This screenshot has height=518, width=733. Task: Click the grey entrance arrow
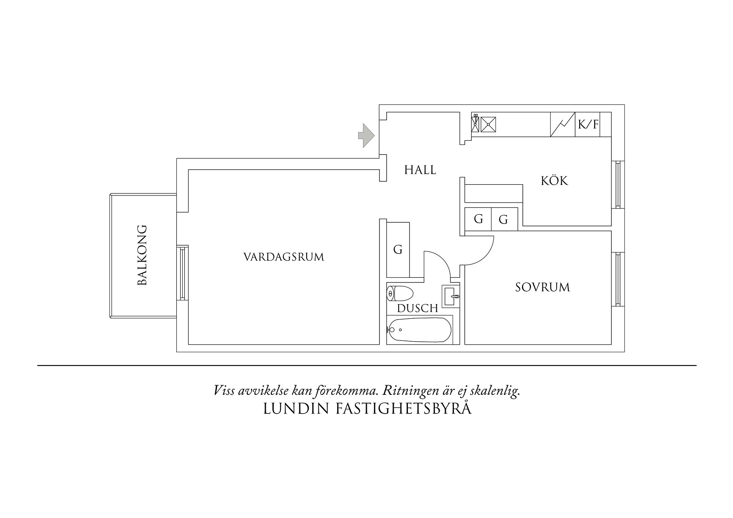click(366, 135)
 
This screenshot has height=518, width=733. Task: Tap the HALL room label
click(420, 170)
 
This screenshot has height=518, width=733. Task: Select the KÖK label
click(555, 181)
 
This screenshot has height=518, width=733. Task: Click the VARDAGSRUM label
click(284, 257)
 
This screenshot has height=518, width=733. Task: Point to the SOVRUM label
click(542, 287)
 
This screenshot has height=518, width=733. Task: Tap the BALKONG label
click(143, 255)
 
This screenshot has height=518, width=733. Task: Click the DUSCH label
click(417, 309)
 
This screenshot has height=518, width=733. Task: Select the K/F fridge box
click(588, 124)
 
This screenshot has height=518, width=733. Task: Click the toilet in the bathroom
click(400, 294)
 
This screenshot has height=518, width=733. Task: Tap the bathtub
click(419, 330)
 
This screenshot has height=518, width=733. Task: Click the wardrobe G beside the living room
click(398, 250)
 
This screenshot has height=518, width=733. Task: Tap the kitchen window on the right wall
click(618, 185)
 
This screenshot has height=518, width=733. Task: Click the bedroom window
click(618, 279)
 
